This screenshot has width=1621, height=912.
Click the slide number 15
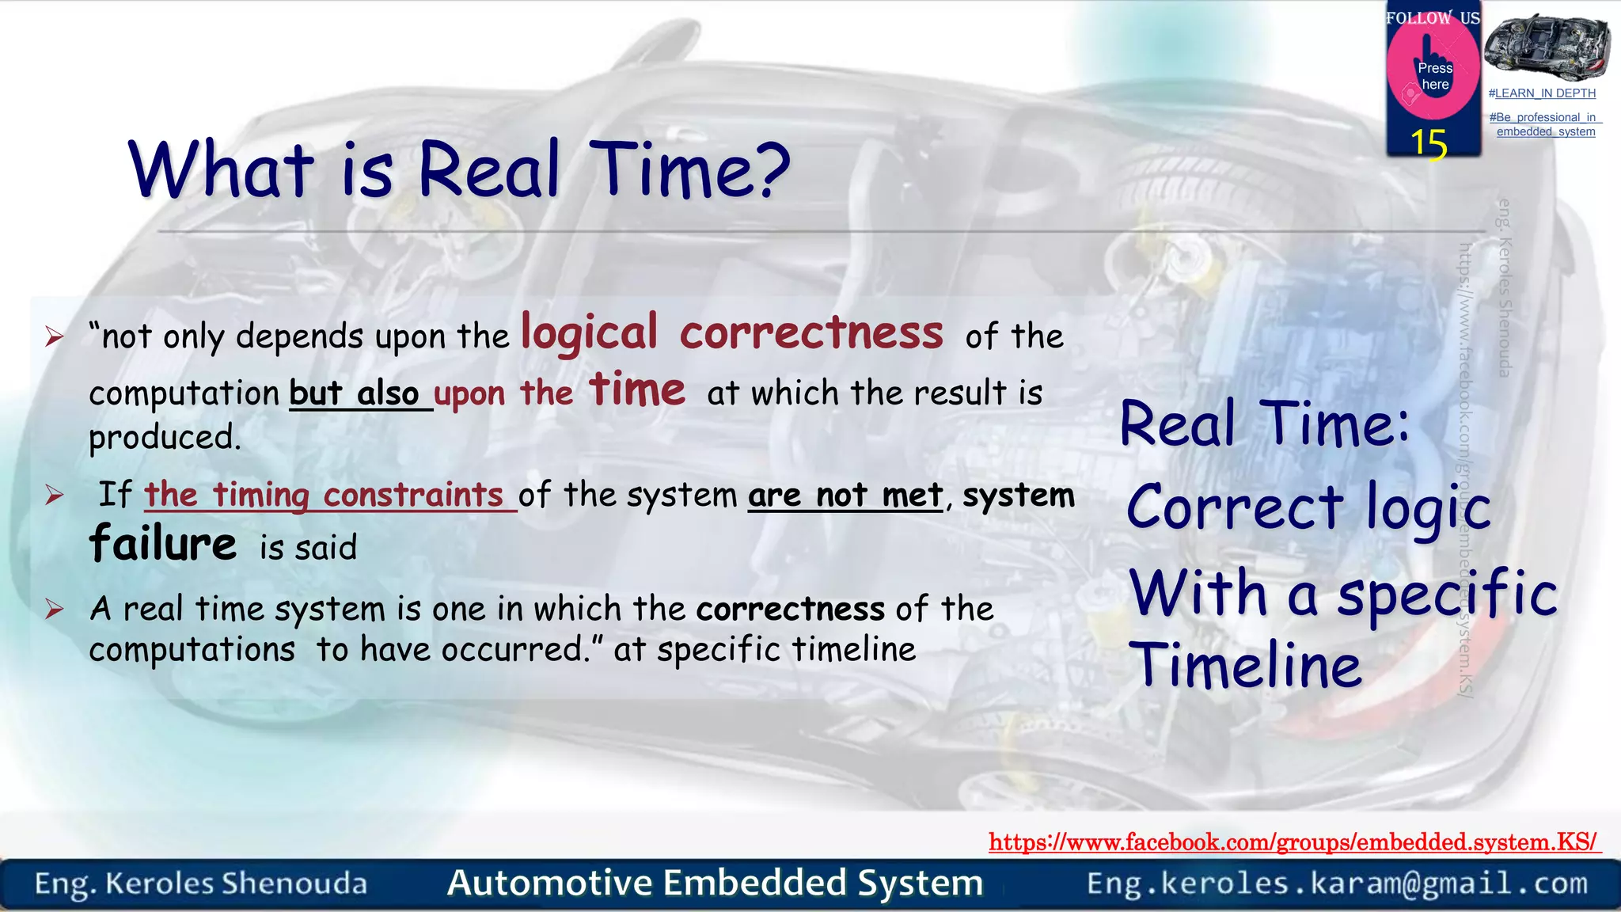pyautogui.click(x=1428, y=144)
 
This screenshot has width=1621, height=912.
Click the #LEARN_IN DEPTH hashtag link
pyautogui.click(x=1541, y=93)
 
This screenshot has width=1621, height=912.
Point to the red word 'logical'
pyautogui.click(x=589, y=333)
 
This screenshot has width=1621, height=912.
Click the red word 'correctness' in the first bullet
pyautogui.click(x=811, y=333)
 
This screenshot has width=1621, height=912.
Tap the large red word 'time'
pyautogui.click(x=636, y=390)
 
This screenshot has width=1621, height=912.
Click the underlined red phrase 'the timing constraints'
pyautogui.click(x=325, y=496)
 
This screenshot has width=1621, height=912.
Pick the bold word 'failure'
pyautogui.click(x=162, y=544)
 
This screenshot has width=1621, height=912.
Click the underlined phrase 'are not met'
pyautogui.click(x=845, y=496)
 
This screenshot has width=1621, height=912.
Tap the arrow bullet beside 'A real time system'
pyautogui.click(x=54, y=609)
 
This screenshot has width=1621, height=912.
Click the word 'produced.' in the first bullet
pyautogui.click(x=165, y=437)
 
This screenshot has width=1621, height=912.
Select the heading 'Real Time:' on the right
pyautogui.click(x=1264, y=424)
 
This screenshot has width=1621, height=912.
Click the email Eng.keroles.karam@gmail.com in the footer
pyautogui.click(x=1337, y=883)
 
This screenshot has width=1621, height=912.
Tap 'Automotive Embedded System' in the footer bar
pyautogui.click(x=715, y=883)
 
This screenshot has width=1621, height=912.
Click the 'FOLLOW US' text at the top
pyautogui.click(x=1432, y=17)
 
